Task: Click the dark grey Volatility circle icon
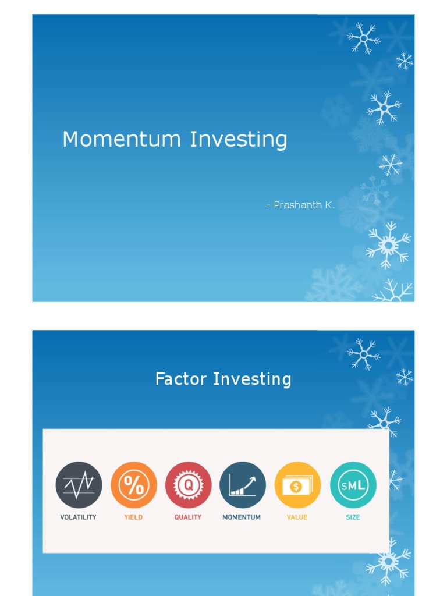click(x=79, y=485)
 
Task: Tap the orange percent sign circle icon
click(x=134, y=485)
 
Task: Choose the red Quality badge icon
click(x=188, y=485)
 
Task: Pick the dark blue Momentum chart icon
click(x=243, y=485)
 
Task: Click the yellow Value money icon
click(x=297, y=485)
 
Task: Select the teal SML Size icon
click(x=353, y=485)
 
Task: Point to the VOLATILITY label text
click(x=79, y=517)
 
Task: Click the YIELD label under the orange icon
click(x=133, y=517)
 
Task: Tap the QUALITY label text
click(x=188, y=517)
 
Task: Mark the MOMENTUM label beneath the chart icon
click(x=242, y=517)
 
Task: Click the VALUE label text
click(x=297, y=517)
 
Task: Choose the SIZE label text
click(x=353, y=517)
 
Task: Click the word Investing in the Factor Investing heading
click(x=252, y=379)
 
